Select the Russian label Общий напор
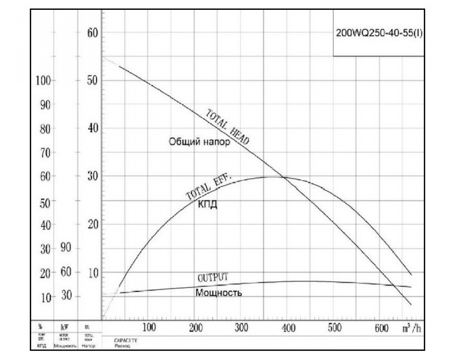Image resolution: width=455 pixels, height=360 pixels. (199, 142)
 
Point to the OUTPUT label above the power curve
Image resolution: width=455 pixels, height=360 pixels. (213, 277)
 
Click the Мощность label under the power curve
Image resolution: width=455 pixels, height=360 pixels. (219, 293)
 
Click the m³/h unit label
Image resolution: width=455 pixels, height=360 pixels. (411, 328)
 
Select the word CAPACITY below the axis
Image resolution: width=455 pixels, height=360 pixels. (126, 340)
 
